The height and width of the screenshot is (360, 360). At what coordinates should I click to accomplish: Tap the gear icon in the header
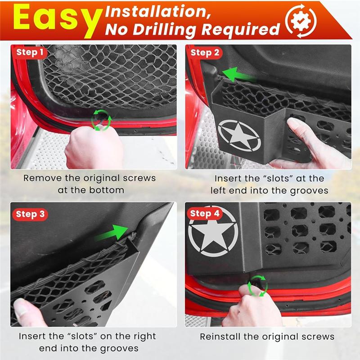(x=301, y=20)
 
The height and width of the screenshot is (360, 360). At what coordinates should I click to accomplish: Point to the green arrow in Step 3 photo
(x=114, y=233)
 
